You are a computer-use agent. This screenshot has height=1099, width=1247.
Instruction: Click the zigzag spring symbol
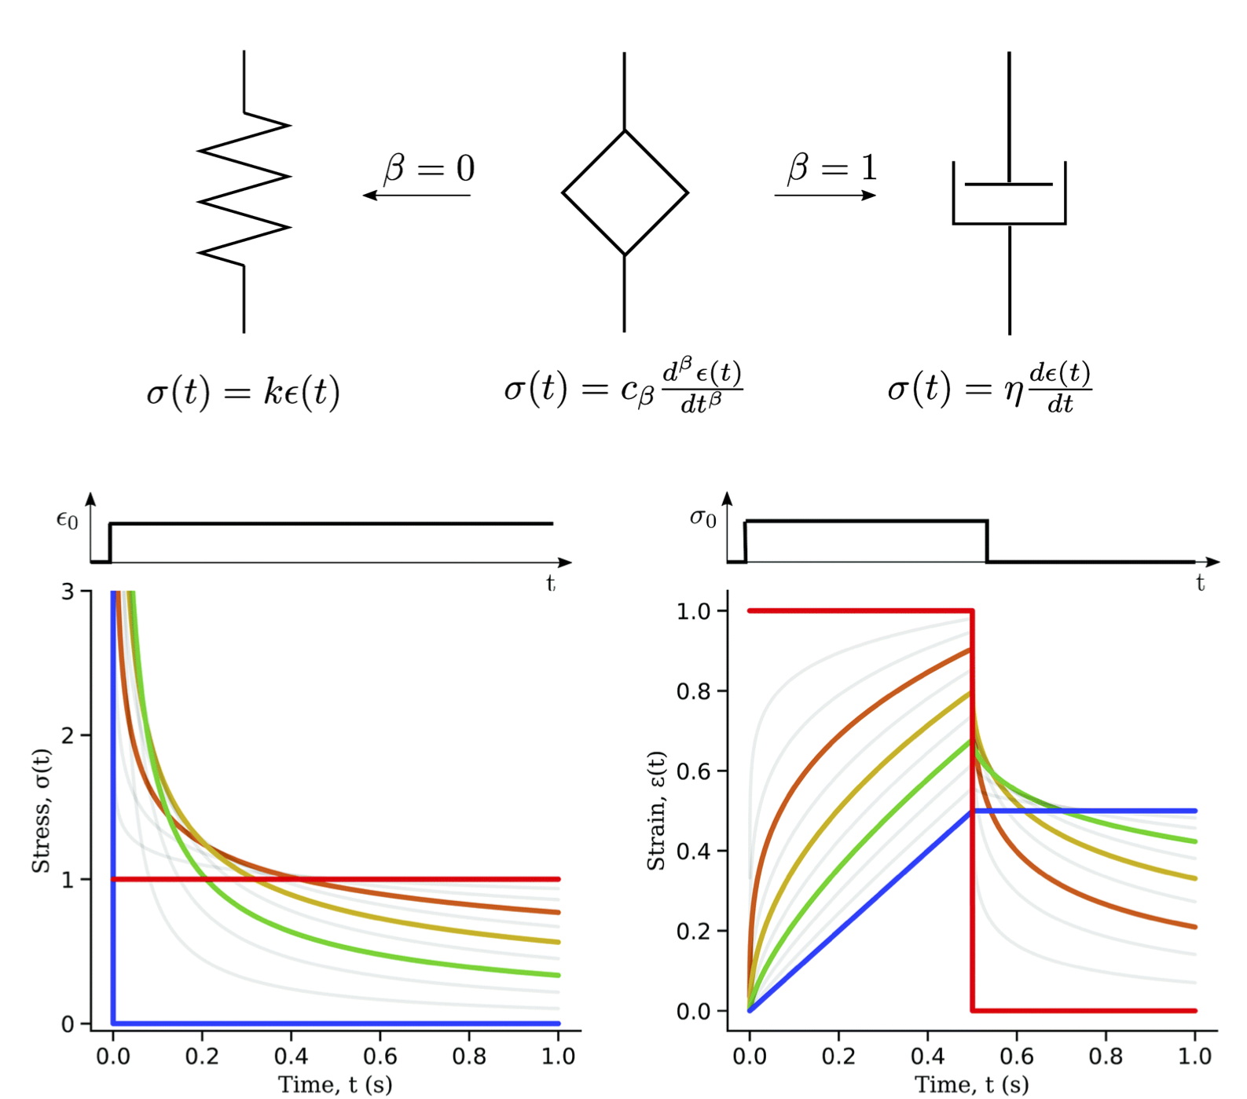pyautogui.click(x=244, y=190)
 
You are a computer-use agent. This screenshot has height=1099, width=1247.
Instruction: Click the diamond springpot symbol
pyautogui.click(x=625, y=192)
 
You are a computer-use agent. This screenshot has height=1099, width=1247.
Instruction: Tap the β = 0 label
pyautogui.click(x=429, y=168)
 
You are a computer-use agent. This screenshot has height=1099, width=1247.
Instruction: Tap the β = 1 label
pyautogui.click(x=832, y=167)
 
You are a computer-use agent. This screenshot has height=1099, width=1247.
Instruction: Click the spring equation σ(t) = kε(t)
pyautogui.click(x=243, y=391)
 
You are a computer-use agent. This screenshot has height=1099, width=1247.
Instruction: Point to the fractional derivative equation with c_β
pyautogui.click(x=623, y=388)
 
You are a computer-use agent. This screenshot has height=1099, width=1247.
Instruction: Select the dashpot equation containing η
pyautogui.click(x=989, y=388)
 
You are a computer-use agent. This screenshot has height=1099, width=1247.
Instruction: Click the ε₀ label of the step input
pyautogui.click(x=68, y=520)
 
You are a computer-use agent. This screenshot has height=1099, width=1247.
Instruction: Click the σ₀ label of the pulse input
pyautogui.click(x=702, y=518)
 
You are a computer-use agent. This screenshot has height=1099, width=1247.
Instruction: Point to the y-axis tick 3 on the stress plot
pyautogui.click(x=68, y=592)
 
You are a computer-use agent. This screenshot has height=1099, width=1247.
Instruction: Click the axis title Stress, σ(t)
pyautogui.click(x=41, y=811)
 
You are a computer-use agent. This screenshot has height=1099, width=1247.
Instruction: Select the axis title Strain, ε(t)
pyautogui.click(x=656, y=811)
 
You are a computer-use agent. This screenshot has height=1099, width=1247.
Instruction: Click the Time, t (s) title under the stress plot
pyautogui.click(x=336, y=1085)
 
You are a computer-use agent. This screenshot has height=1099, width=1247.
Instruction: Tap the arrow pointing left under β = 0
pyautogui.click(x=416, y=195)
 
